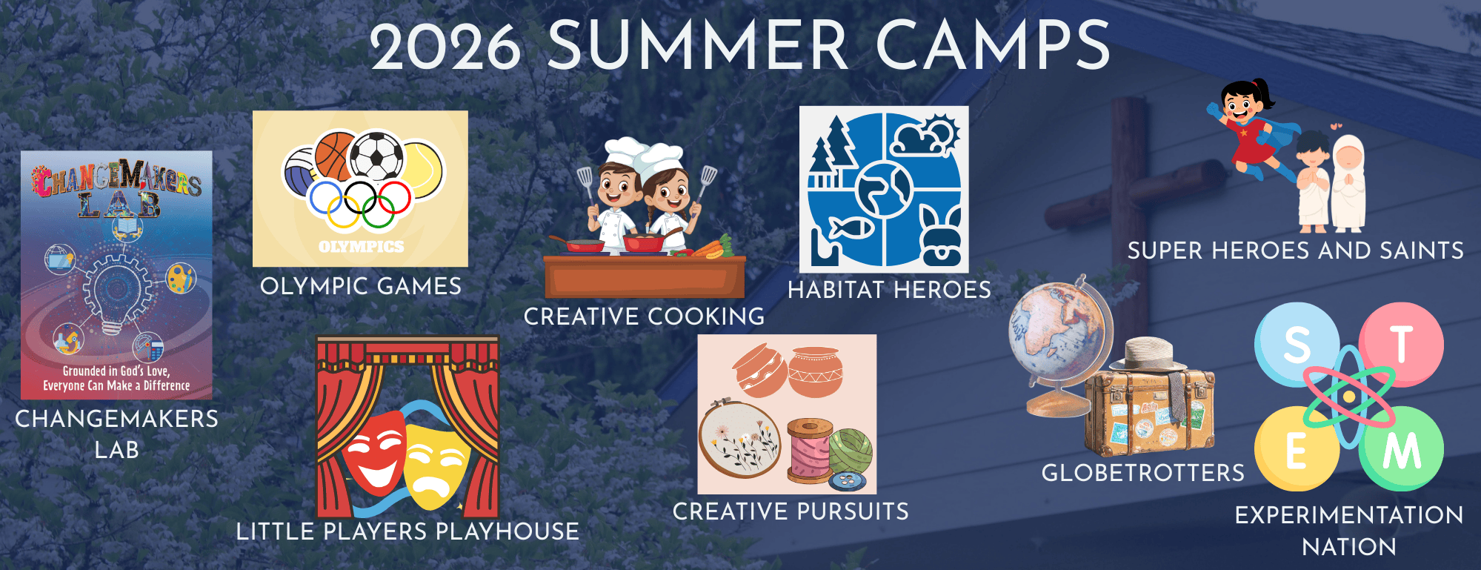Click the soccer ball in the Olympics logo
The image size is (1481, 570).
(x=376, y=156)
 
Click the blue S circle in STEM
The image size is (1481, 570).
(x=1297, y=344)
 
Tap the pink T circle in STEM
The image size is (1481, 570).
(x=1401, y=344)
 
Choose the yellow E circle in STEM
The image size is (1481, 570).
(x=1297, y=449)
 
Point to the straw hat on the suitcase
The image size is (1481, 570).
(x=1149, y=356)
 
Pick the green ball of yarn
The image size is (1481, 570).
(x=851, y=452)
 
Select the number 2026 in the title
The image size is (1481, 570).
(x=446, y=47)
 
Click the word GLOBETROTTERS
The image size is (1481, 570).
(x=1143, y=473)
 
